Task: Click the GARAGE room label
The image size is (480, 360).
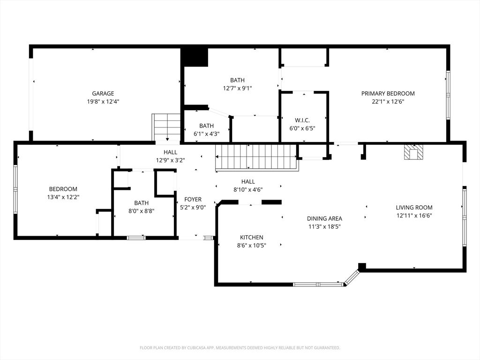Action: (103, 93)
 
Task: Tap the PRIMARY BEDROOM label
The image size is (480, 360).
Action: (388, 93)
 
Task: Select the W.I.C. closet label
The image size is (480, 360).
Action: (302, 120)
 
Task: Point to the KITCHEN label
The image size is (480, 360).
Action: (251, 237)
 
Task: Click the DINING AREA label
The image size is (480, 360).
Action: (324, 218)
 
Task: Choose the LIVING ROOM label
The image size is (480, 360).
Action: (414, 207)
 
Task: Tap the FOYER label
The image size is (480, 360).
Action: (193, 199)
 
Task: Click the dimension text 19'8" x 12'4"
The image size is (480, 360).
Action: (103, 101)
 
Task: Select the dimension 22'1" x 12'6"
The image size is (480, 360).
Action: (388, 101)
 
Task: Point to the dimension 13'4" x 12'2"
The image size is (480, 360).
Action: (63, 197)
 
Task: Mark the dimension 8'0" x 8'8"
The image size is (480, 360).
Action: (142, 210)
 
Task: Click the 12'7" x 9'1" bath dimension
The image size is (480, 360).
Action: (237, 88)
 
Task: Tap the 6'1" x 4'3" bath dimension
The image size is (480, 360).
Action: (206, 134)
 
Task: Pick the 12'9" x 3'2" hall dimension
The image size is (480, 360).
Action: (170, 160)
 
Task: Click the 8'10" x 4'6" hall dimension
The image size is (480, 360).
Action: (248, 189)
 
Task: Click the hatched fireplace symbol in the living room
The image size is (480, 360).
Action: (413, 152)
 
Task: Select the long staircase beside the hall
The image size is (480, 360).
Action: (256, 157)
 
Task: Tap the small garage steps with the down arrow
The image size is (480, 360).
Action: (166, 127)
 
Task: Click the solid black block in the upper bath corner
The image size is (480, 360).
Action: (195, 57)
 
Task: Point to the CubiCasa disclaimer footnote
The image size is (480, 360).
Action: (240, 348)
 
